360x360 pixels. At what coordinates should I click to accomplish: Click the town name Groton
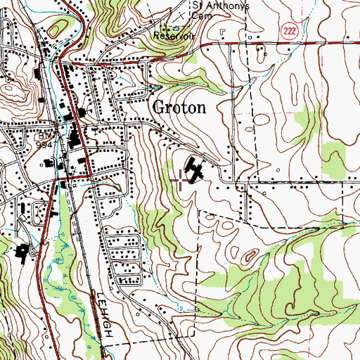pyautogui.click(x=179, y=108)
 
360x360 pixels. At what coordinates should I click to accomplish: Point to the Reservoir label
pyautogui.click(x=173, y=32)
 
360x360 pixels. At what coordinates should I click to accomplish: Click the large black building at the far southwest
pyautogui.click(x=20, y=252)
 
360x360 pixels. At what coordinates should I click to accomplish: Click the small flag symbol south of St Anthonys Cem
pyautogui.click(x=221, y=31)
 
